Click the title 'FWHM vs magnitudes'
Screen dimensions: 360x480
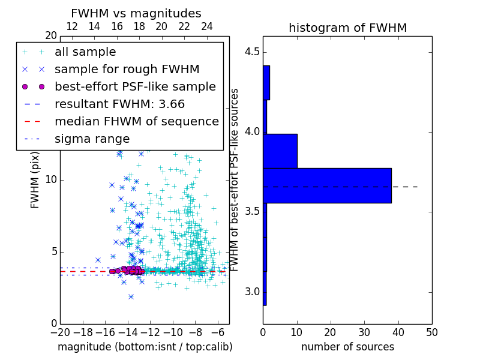click(136, 13)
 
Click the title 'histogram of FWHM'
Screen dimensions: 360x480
click(347, 28)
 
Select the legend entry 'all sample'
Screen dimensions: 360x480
click(85, 52)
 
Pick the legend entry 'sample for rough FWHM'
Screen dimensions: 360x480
click(127, 70)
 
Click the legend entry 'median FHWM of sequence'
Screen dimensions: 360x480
click(136, 121)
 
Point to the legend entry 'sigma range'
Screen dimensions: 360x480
click(92, 139)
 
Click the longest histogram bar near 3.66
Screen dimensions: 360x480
click(327, 185)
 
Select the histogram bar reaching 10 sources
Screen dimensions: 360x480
click(280, 151)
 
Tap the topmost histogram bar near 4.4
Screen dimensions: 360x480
click(266, 82)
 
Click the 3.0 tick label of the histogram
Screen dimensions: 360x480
click(251, 292)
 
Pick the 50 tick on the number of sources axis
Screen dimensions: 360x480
click(431, 331)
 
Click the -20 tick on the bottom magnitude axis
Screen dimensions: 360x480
click(60, 331)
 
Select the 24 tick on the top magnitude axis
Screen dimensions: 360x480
click(206, 26)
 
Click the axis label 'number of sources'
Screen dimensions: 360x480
click(347, 347)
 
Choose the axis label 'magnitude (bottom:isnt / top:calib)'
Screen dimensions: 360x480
click(145, 347)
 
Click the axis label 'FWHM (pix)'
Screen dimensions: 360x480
click(35, 180)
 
